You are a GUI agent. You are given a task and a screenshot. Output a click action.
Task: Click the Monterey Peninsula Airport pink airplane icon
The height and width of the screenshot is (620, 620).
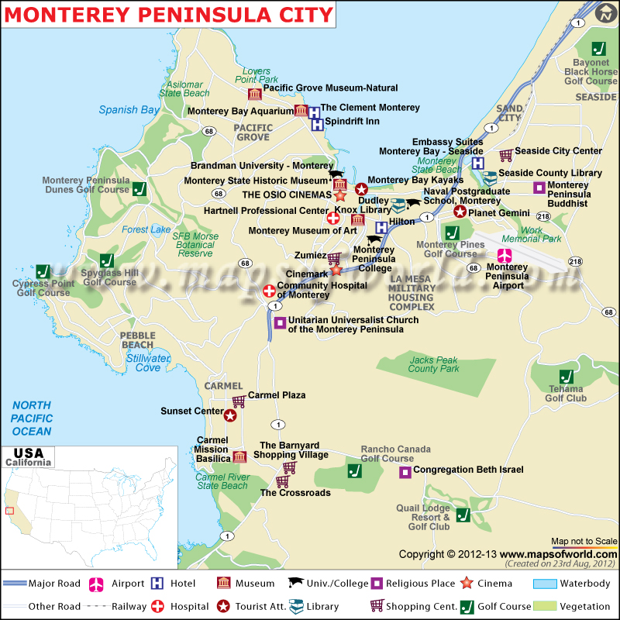[505, 256]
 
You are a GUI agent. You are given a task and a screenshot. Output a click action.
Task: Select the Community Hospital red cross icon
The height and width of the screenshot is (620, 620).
[269, 291]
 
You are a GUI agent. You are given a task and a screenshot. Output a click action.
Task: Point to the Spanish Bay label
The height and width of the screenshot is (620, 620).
[129, 110]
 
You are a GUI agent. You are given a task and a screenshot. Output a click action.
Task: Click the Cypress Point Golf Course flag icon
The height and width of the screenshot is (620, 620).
[43, 271]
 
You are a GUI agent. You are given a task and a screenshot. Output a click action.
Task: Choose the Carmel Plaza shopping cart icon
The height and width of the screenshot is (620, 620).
[239, 401]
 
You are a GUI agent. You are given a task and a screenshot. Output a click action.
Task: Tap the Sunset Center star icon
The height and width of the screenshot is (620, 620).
[230, 415]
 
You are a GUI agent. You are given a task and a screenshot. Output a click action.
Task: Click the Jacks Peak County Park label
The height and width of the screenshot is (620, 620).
[433, 364]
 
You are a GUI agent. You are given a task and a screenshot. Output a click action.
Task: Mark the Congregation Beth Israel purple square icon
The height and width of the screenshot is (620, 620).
[405, 471]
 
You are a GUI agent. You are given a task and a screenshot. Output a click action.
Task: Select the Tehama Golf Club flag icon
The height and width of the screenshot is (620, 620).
[567, 370]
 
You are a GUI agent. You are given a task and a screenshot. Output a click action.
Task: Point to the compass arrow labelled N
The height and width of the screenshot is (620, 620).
[605, 12]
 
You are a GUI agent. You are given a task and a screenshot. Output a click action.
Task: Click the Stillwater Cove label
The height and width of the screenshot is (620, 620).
[148, 363]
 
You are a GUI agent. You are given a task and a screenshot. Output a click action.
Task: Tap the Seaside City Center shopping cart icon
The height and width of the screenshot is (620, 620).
[506, 155]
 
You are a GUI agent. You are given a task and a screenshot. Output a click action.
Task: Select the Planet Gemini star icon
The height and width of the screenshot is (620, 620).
[460, 212]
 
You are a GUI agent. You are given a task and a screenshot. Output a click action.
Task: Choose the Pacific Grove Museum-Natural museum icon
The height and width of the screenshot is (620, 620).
[254, 94]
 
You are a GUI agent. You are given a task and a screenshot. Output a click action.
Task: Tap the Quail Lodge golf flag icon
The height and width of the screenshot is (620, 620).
[463, 515]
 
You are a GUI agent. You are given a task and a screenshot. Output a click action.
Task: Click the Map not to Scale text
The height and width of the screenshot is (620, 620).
[584, 541]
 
